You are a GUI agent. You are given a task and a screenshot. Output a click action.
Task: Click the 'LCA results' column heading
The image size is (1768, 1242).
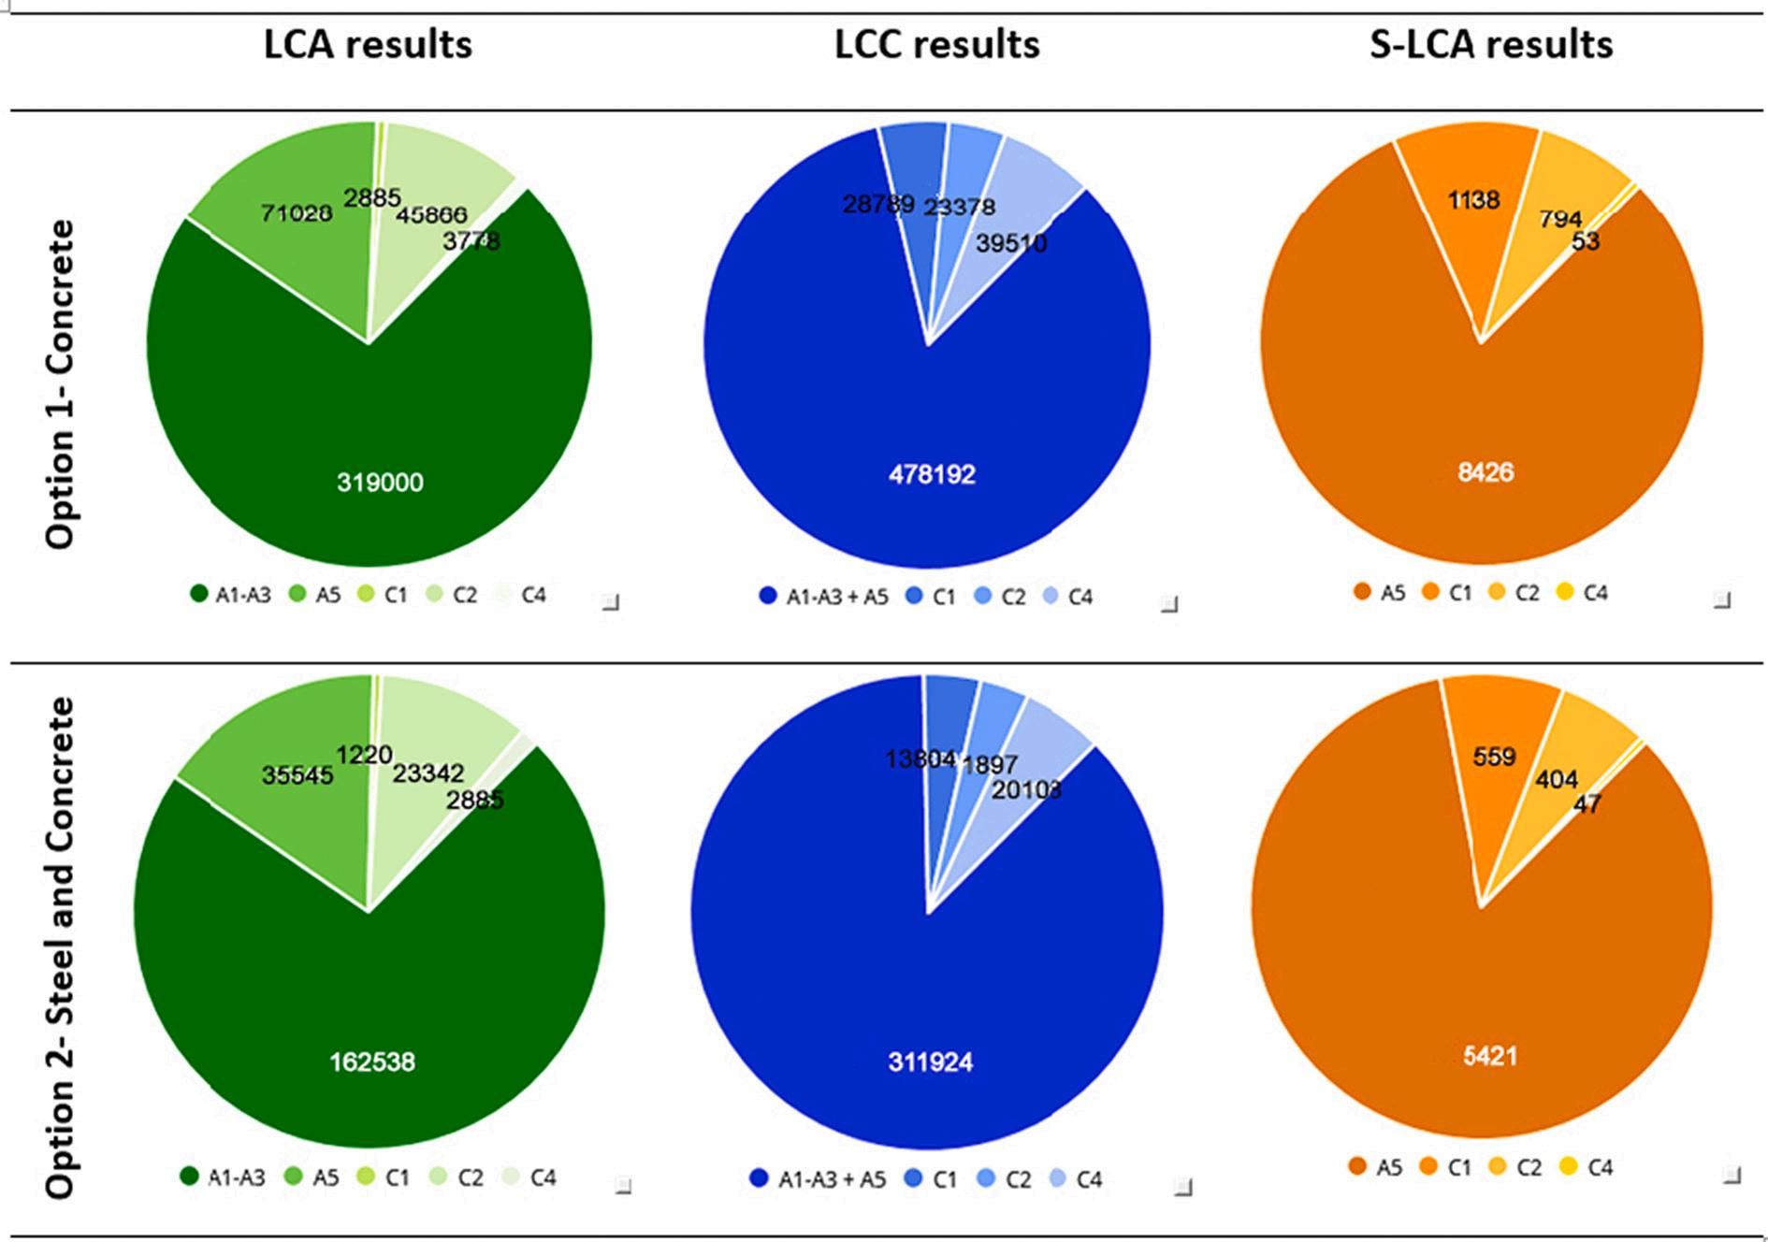[368, 45]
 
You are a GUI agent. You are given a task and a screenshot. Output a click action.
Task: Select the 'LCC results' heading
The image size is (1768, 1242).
[936, 45]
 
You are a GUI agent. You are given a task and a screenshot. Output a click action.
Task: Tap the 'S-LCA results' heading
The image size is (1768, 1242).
[1491, 45]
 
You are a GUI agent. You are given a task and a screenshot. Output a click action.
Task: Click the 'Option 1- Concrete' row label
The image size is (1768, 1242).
[60, 383]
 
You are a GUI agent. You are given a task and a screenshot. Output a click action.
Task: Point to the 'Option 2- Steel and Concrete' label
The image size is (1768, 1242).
[60, 947]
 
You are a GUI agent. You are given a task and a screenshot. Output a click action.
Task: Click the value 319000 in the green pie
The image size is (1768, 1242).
[380, 483]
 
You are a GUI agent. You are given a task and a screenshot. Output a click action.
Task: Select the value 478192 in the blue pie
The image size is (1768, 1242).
[932, 474]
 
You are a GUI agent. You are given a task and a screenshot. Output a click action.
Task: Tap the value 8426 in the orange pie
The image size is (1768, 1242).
[1485, 472]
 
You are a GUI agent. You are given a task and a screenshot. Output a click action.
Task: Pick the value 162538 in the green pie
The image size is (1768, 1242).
[372, 1061]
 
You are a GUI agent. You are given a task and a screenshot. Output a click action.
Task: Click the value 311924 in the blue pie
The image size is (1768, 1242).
[930, 1061]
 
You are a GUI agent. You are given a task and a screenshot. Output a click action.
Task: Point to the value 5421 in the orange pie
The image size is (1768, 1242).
[1489, 1056]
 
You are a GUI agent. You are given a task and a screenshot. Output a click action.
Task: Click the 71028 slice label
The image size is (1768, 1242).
[296, 213]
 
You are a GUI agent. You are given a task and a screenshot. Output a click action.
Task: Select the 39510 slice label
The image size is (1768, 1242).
[1010, 243]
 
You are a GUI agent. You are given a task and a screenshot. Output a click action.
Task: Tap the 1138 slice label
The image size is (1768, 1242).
[1473, 199]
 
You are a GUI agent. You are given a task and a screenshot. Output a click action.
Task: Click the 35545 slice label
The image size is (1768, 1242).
[297, 774]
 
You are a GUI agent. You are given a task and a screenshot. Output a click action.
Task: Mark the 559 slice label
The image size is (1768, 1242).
[1493, 756]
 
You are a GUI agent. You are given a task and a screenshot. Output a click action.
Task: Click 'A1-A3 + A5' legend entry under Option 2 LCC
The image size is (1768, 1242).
[819, 1179]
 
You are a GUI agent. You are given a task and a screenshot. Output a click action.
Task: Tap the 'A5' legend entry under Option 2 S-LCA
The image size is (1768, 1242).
[1376, 1167]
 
